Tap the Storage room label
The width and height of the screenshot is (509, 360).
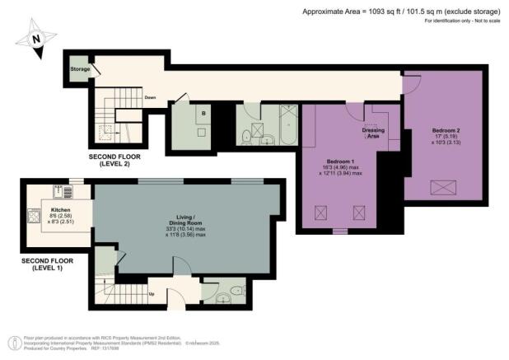(80, 68)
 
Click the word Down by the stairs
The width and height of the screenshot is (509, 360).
(150, 97)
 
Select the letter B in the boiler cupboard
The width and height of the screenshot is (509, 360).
(203, 112)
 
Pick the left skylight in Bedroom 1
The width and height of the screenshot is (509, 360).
(318, 212)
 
